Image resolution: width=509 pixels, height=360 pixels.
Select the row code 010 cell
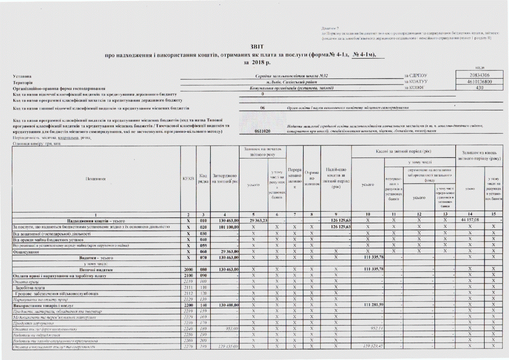coord(203,220)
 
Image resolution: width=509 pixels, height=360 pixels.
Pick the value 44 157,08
coord(469,220)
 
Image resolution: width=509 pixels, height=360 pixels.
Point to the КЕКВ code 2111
coord(188,287)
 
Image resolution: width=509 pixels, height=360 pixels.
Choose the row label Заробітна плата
coord(29,287)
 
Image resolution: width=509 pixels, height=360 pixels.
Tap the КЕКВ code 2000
coord(188,269)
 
